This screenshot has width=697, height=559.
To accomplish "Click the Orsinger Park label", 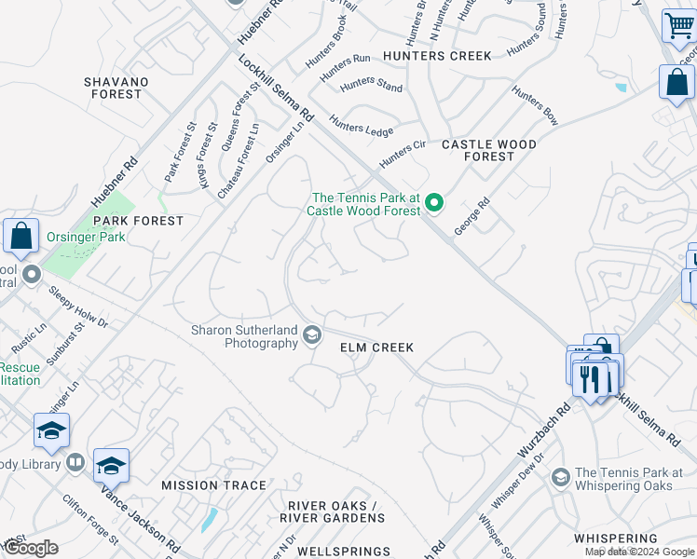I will pos(87,237).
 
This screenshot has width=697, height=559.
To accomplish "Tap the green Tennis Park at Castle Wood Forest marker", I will pos(433,201).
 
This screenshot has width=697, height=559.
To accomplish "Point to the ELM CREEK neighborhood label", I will pos(376,348).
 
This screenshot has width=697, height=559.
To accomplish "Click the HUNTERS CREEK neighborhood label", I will pos(436,56).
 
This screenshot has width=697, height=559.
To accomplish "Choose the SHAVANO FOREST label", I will pos(116,88).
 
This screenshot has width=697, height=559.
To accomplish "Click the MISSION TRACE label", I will pos(214,485).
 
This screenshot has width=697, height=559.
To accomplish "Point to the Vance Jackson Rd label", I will pos(141,507).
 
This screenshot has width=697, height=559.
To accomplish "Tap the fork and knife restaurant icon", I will pos(589,379).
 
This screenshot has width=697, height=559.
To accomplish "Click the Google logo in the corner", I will pos(31,548).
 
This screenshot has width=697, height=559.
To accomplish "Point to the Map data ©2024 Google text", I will pos(639,552).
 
